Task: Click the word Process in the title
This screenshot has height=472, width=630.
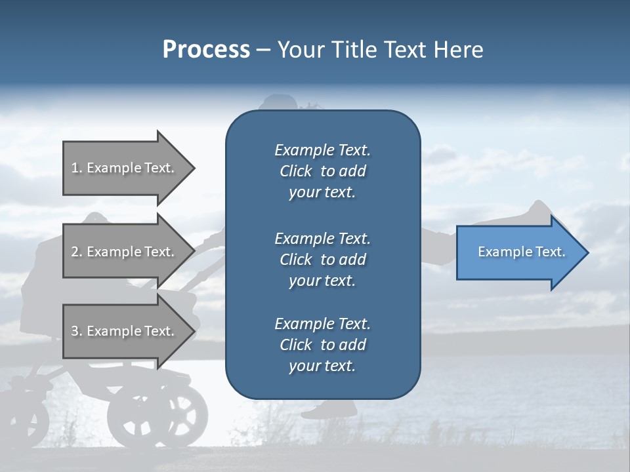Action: pos(206,49)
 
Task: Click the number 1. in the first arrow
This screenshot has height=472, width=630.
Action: pos(77,168)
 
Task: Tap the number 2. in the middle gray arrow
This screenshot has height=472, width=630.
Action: pos(77,252)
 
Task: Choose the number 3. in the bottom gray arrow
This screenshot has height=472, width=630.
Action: pos(77,332)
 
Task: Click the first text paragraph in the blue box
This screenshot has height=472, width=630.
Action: pos(322,171)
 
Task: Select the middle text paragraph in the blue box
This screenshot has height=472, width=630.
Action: pos(322,259)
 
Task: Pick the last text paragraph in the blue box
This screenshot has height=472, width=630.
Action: pos(322,345)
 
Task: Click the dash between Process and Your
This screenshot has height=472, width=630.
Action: pos(263,50)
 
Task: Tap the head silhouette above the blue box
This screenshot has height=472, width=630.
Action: pos(279,105)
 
